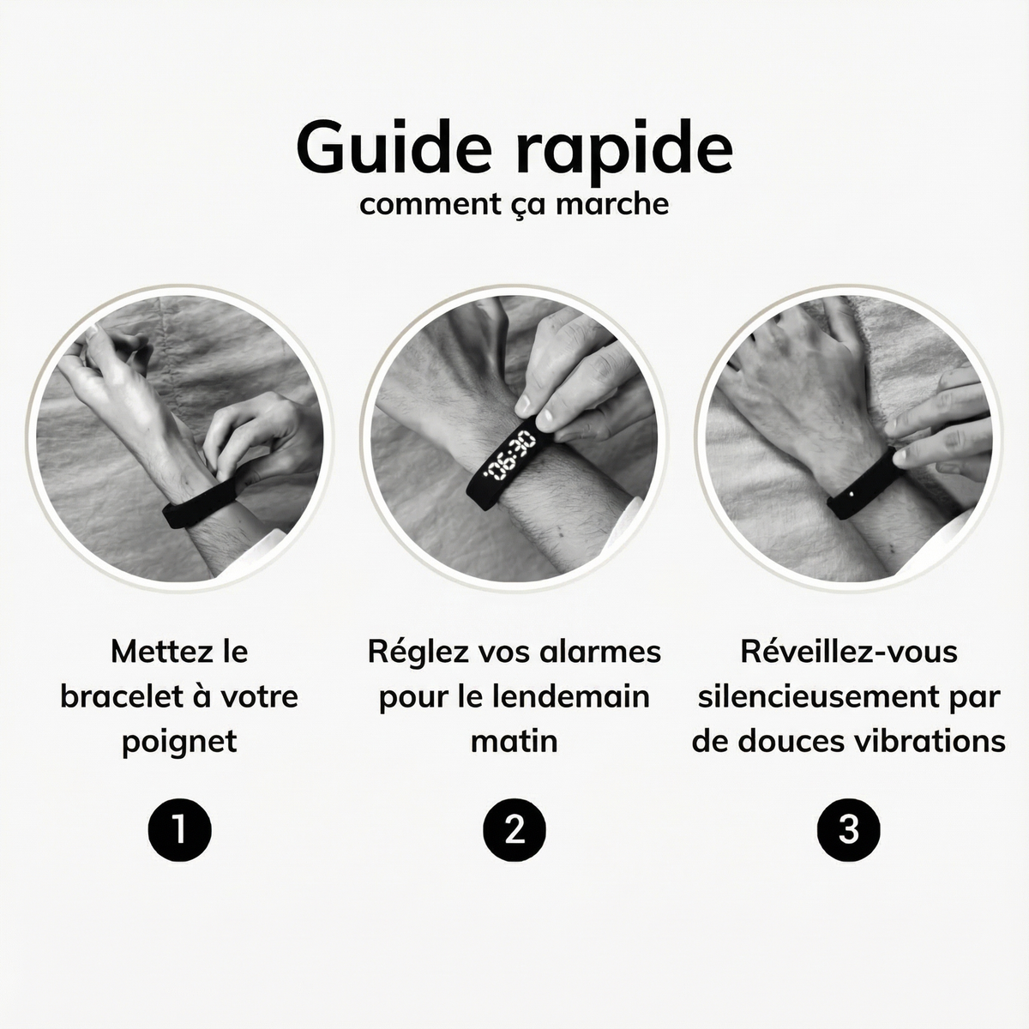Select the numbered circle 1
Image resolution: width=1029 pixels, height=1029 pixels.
point(178,828)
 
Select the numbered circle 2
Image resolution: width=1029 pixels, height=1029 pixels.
point(514,828)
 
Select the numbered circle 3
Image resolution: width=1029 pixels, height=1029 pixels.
point(849,828)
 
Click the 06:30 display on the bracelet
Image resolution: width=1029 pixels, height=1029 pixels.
point(508,459)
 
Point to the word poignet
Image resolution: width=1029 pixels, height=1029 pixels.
point(178,740)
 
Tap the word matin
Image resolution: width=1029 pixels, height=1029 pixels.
point(514,740)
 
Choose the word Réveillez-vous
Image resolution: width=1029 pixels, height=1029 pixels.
point(849,651)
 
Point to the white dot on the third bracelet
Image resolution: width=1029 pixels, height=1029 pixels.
point(850,494)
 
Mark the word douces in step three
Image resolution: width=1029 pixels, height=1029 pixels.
point(796,740)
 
